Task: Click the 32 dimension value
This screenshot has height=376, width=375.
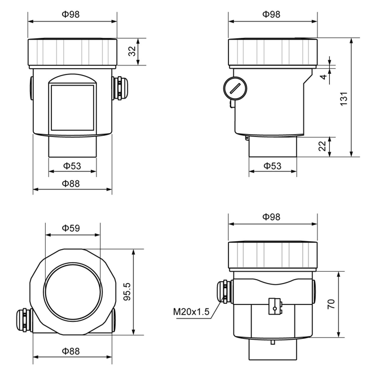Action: (132, 51)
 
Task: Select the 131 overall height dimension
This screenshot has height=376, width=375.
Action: (344, 99)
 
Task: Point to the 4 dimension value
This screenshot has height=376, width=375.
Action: (324, 77)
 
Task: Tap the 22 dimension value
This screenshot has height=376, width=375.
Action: (323, 146)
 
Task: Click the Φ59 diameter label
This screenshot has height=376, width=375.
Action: (71, 228)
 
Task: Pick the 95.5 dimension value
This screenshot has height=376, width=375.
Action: (127, 291)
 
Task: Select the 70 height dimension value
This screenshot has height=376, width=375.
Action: (331, 304)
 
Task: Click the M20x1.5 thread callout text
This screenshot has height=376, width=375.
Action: (191, 312)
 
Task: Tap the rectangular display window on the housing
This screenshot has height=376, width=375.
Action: (72, 108)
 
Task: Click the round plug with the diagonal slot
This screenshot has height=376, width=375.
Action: (235, 89)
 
